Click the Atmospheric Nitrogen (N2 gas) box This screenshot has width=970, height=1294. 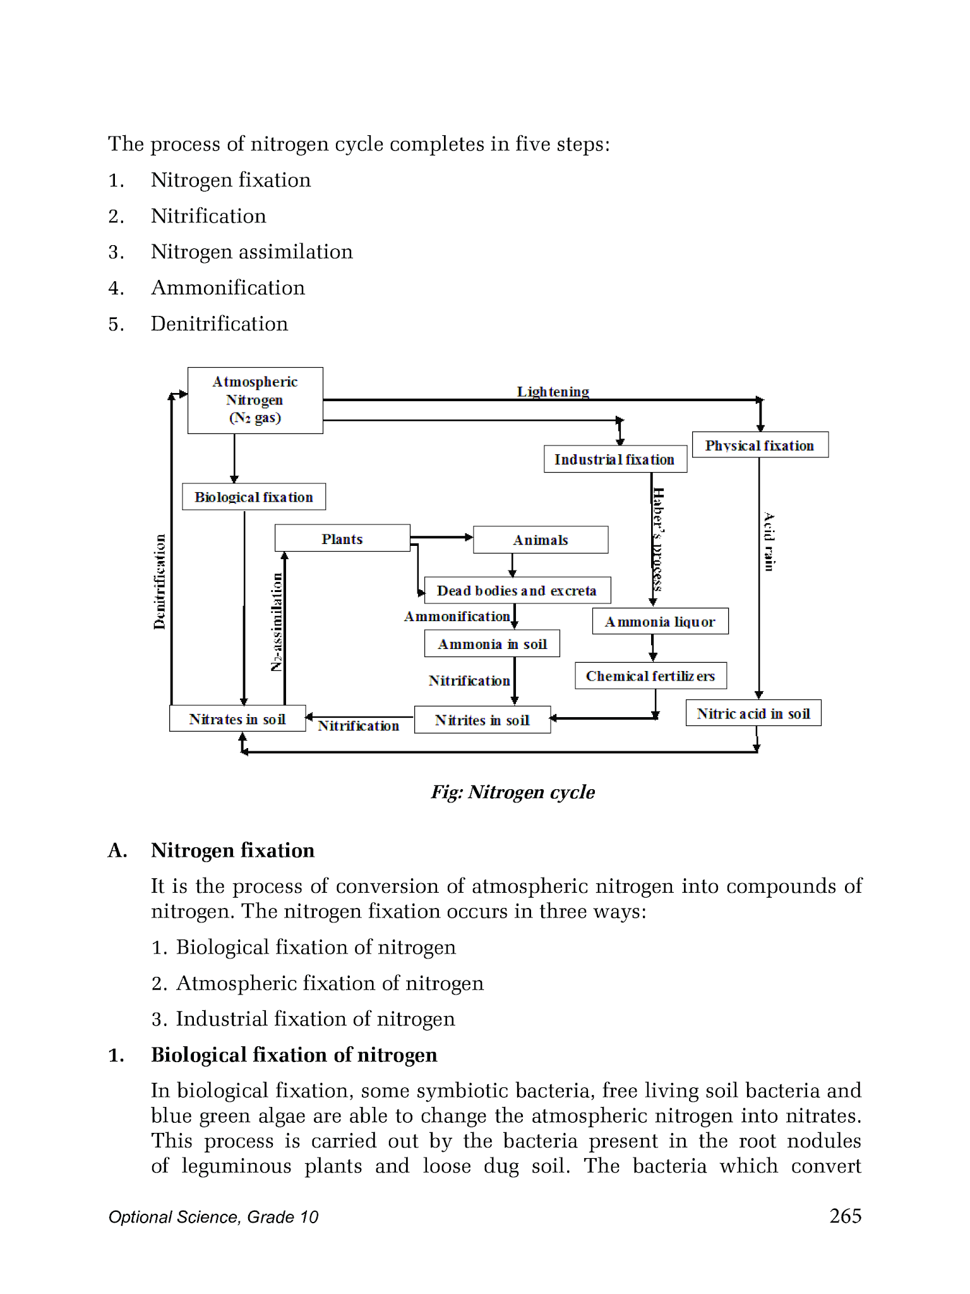(255, 400)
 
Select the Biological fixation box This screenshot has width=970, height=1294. (254, 497)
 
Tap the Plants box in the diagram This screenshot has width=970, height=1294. (342, 538)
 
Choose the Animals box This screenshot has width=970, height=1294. (541, 540)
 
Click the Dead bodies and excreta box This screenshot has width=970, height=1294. (517, 590)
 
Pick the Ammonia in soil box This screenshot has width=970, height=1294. (492, 644)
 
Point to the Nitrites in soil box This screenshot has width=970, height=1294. (482, 720)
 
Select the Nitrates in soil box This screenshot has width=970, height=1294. (237, 719)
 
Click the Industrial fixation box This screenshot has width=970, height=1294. (615, 459)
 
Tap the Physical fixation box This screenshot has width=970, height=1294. (760, 445)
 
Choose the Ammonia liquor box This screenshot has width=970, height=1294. (660, 622)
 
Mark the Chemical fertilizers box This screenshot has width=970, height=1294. (650, 676)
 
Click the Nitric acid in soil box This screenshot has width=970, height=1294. (753, 713)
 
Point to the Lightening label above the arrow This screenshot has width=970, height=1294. (553, 392)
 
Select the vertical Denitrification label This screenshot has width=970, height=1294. (160, 582)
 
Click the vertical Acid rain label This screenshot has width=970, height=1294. (769, 541)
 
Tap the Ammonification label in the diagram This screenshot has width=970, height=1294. (457, 616)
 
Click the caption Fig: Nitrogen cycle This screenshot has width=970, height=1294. (513, 792)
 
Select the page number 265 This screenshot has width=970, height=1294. (845, 1216)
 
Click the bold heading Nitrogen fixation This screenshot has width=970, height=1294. (232, 850)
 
